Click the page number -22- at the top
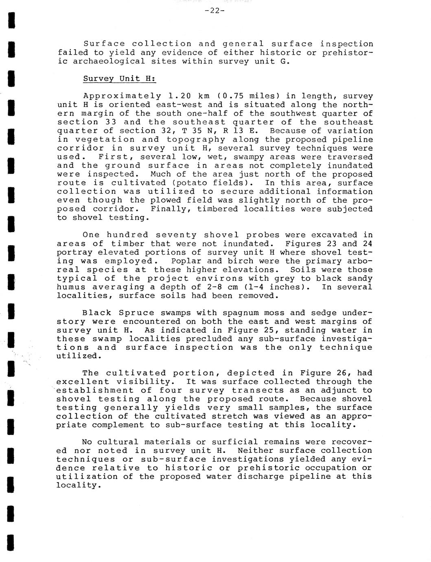(x=214, y=11)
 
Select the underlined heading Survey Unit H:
(x=120, y=79)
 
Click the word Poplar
(x=186, y=261)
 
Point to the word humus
(x=69, y=287)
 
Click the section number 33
(x=106, y=122)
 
